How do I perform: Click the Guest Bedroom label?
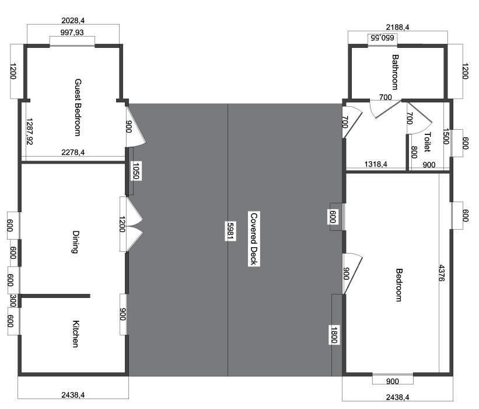tap(78, 108)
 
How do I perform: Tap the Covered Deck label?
tap(254, 239)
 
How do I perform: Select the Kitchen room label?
tap(75, 334)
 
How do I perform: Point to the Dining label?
tap(75, 242)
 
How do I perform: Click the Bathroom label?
tap(396, 72)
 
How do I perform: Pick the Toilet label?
tap(428, 142)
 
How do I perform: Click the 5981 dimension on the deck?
tap(230, 231)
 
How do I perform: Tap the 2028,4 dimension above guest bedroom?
tap(73, 20)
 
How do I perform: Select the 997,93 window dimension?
tap(72, 32)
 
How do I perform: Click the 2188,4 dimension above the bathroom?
tap(397, 27)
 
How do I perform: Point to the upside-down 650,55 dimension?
tap(382, 37)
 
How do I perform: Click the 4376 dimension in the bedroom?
tap(442, 273)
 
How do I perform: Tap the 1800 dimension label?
tap(334, 335)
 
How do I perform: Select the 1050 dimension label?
tap(136, 171)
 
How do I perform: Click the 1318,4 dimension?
tap(376, 164)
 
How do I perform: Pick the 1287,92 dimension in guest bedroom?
tap(30, 131)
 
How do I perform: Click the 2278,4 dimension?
tap(73, 152)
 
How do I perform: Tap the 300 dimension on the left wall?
tap(13, 300)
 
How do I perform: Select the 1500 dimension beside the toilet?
tap(445, 136)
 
